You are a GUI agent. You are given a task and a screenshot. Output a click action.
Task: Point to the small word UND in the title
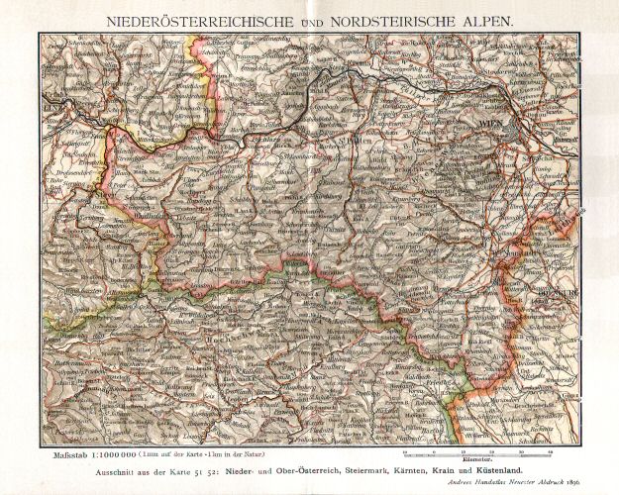point(308,18)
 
